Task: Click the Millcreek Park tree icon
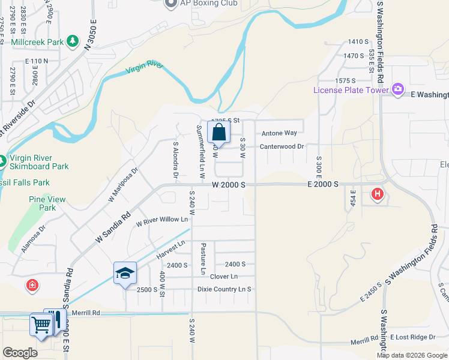(x=73, y=40)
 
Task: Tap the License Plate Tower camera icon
(x=397, y=90)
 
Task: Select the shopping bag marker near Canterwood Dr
(x=218, y=133)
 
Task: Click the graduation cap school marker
(x=124, y=273)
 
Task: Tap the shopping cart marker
(x=41, y=325)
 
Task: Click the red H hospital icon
(x=377, y=194)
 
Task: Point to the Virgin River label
(x=144, y=67)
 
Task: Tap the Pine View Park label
(x=42, y=203)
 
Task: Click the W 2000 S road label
(x=229, y=185)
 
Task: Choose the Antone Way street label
(x=279, y=133)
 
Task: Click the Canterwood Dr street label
(x=282, y=146)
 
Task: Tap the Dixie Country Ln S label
(x=224, y=289)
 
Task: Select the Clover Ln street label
(x=224, y=277)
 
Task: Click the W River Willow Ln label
(x=161, y=221)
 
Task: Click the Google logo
(x=20, y=353)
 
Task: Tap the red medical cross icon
(x=32, y=285)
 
